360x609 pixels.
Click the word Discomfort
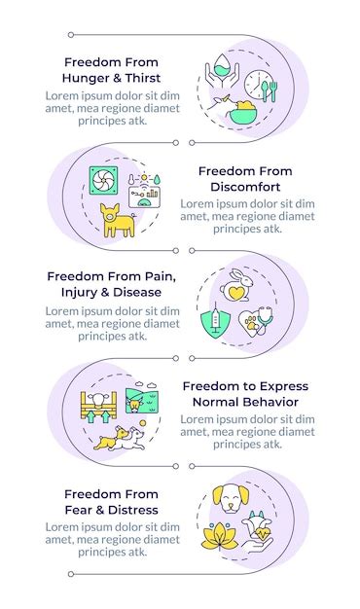[x=244, y=186]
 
